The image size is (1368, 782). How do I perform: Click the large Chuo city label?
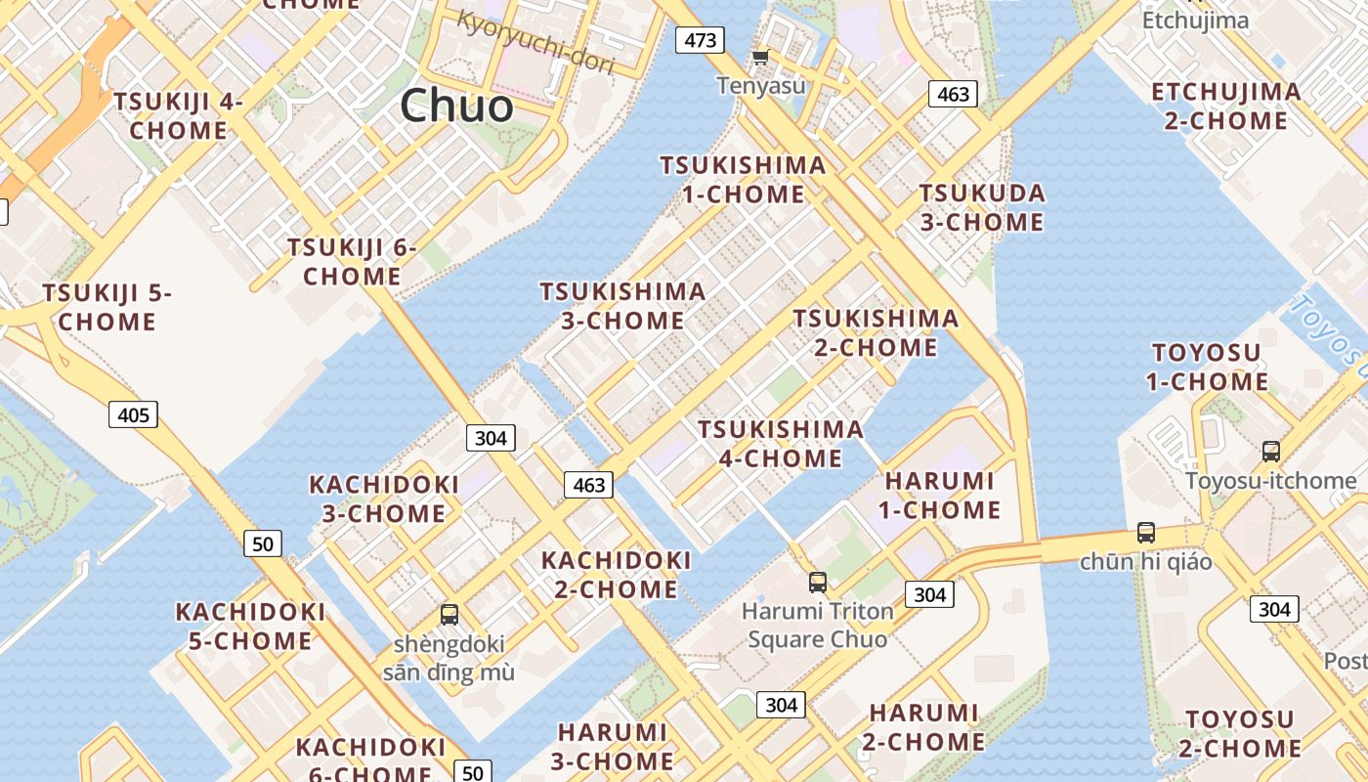(456, 106)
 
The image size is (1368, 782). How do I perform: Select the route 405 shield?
(133, 414)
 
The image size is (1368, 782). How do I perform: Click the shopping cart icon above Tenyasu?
(760, 58)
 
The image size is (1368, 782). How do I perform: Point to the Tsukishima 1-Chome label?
(743, 180)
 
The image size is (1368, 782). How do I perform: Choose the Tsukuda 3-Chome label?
(982, 207)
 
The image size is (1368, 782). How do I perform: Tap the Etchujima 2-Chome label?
(1226, 107)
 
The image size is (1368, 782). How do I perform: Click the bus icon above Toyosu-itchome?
(1270, 451)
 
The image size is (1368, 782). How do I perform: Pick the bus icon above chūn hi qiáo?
(1145, 533)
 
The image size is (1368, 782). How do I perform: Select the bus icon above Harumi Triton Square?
(818, 583)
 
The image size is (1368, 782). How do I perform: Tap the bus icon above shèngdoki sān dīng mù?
(449, 615)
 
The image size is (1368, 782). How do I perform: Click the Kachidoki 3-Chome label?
(383, 499)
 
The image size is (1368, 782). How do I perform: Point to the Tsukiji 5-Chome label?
(107, 307)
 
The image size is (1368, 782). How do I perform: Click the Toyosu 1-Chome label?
(1208, 367)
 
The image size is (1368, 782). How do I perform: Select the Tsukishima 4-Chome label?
(780, 444)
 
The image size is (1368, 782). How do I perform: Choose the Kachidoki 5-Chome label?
(249, 627)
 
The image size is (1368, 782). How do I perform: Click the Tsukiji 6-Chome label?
(352, 262)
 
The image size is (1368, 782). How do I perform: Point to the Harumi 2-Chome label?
(923, 727)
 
